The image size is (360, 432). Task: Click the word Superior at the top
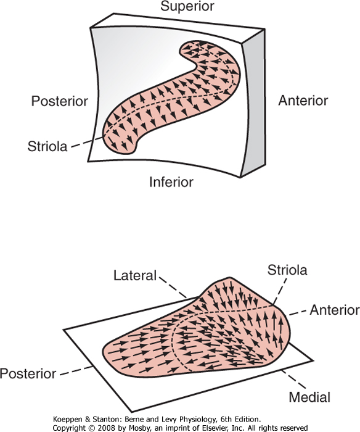pyautogui.click(x=187, y=6)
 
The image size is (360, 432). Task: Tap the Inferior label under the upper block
pyautogui.click(x=171, y=182)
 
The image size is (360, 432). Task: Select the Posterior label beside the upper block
pyautogui.click(x=59, y=101)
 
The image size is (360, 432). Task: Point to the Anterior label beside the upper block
pyautogui.click(x=303, y=101)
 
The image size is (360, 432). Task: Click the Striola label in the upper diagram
pyautogui.click(x=47, y=146)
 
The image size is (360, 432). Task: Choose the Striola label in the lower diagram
pyautogui.click(x=287, y=270)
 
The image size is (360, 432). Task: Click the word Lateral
pyautogui.click(x=135, y=275)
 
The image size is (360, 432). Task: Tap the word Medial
pyautogui.click(x=309, y=397)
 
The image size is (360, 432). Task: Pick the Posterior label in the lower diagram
pyautogui.click(x=28, y=374)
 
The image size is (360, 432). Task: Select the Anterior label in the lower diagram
pyautogui.click(x=335, y=310)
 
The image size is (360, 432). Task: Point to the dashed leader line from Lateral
pyautogui.click(x=173, y=288)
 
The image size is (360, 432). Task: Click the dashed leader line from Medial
pyautogui.click(x=293, y=380)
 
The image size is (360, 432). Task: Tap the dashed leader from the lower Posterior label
pyautogui.click(x=76, y=370)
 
